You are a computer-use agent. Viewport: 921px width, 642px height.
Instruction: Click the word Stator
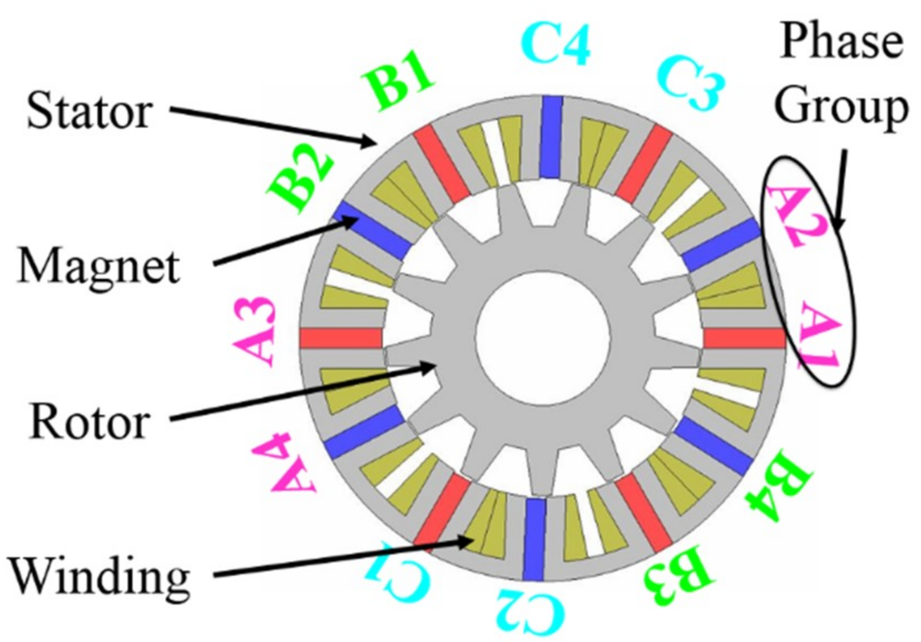tap(89, 111)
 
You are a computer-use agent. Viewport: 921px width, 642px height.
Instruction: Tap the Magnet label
tap(99, 266)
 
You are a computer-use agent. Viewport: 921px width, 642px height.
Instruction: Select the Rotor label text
tap(89, 421)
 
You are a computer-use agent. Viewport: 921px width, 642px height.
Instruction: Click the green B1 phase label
tap(397, 83)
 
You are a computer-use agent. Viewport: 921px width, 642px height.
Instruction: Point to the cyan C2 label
tap(530, 613)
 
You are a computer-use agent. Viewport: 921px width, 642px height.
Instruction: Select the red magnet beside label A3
tap(341, 338)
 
